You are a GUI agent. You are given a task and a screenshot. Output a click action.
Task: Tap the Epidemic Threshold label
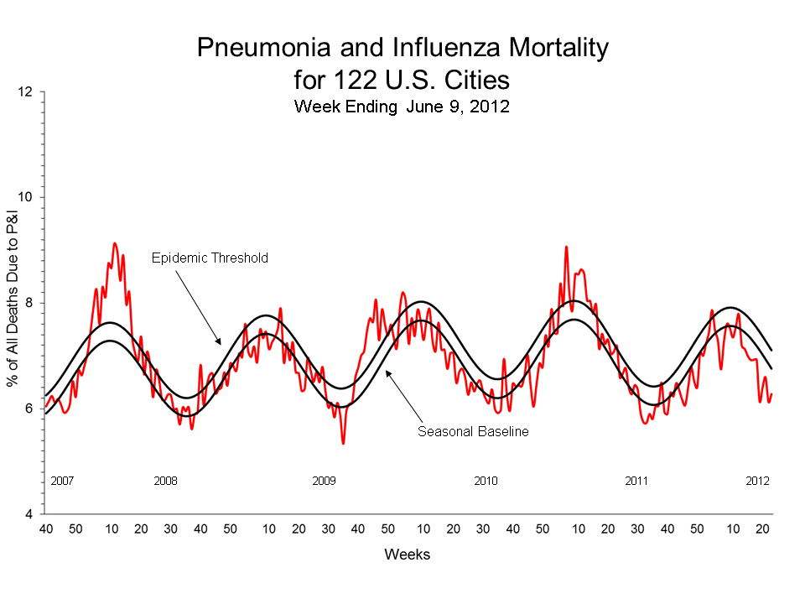(210, 258)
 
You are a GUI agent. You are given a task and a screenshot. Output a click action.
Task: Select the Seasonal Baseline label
(473, 432)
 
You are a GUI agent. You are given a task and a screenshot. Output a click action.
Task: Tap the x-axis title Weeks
(408, 555)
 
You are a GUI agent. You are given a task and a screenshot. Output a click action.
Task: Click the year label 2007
(63, 482)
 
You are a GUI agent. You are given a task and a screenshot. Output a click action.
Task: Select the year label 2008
(165, 482)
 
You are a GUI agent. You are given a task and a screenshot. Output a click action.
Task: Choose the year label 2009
(324, 482)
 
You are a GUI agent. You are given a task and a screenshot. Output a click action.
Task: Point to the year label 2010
(486, 482)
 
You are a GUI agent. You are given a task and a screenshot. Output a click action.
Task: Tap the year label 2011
(636, 482)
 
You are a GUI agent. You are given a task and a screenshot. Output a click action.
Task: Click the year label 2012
(758, 482)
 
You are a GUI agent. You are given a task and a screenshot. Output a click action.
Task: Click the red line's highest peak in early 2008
(115, 243)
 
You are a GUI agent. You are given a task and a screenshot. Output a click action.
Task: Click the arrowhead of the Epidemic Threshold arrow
(220, 343)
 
